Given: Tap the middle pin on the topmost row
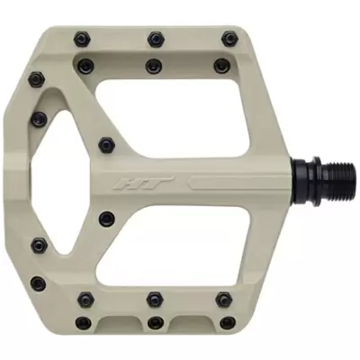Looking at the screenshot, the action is pos(156,38).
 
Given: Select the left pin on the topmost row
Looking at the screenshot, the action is pos(81,38).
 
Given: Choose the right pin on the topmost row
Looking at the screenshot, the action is pos(229,38).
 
